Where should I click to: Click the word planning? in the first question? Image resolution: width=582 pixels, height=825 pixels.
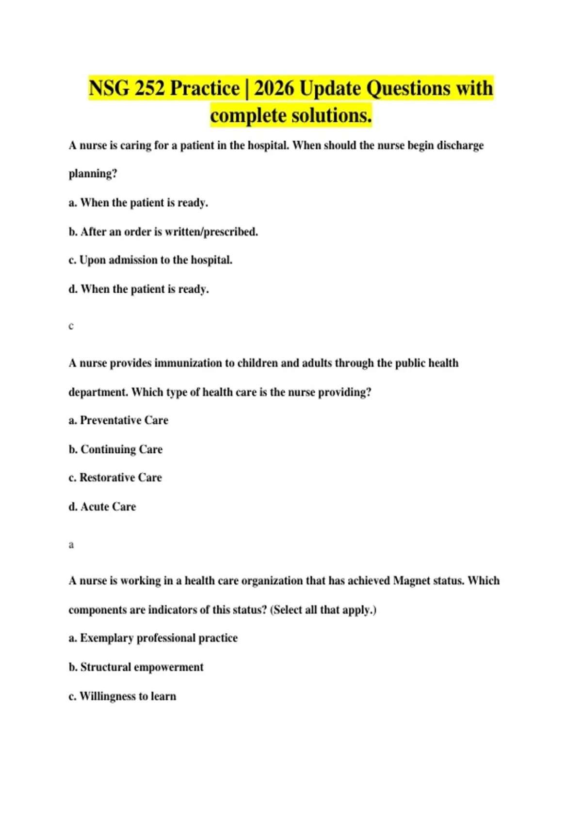(93, 174)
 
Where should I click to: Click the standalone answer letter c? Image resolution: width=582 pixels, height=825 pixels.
(71, 326)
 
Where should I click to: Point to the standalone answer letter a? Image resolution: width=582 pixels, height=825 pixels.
(71, 544)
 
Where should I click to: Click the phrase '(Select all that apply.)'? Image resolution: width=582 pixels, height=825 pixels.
(323, 610)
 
